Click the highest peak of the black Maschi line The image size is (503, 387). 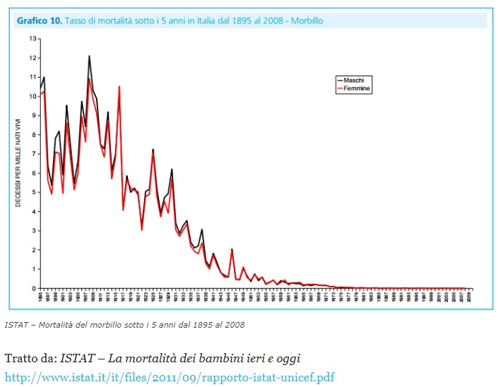click(x=89, y=56)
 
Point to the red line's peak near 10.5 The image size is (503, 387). click(x=119, y=87)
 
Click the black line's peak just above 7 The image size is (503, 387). click(x=153, y=150)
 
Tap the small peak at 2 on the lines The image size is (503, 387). click(x=231, y=249)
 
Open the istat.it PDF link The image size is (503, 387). click(x=170, y=376)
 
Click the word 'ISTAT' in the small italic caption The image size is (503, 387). click(x=15, y=325)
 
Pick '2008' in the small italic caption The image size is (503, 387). click(x=234, y=325)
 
